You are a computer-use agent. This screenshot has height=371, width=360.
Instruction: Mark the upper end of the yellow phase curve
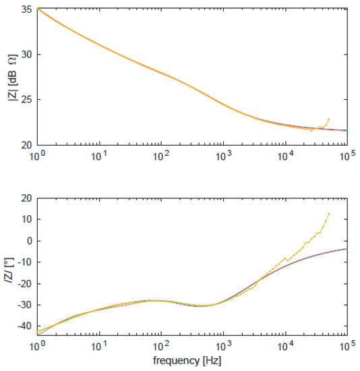pyautogui.click(x=329, y=214)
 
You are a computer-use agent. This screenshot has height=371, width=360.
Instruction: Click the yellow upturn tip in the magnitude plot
pyautogui.click(x=329, y=119)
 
